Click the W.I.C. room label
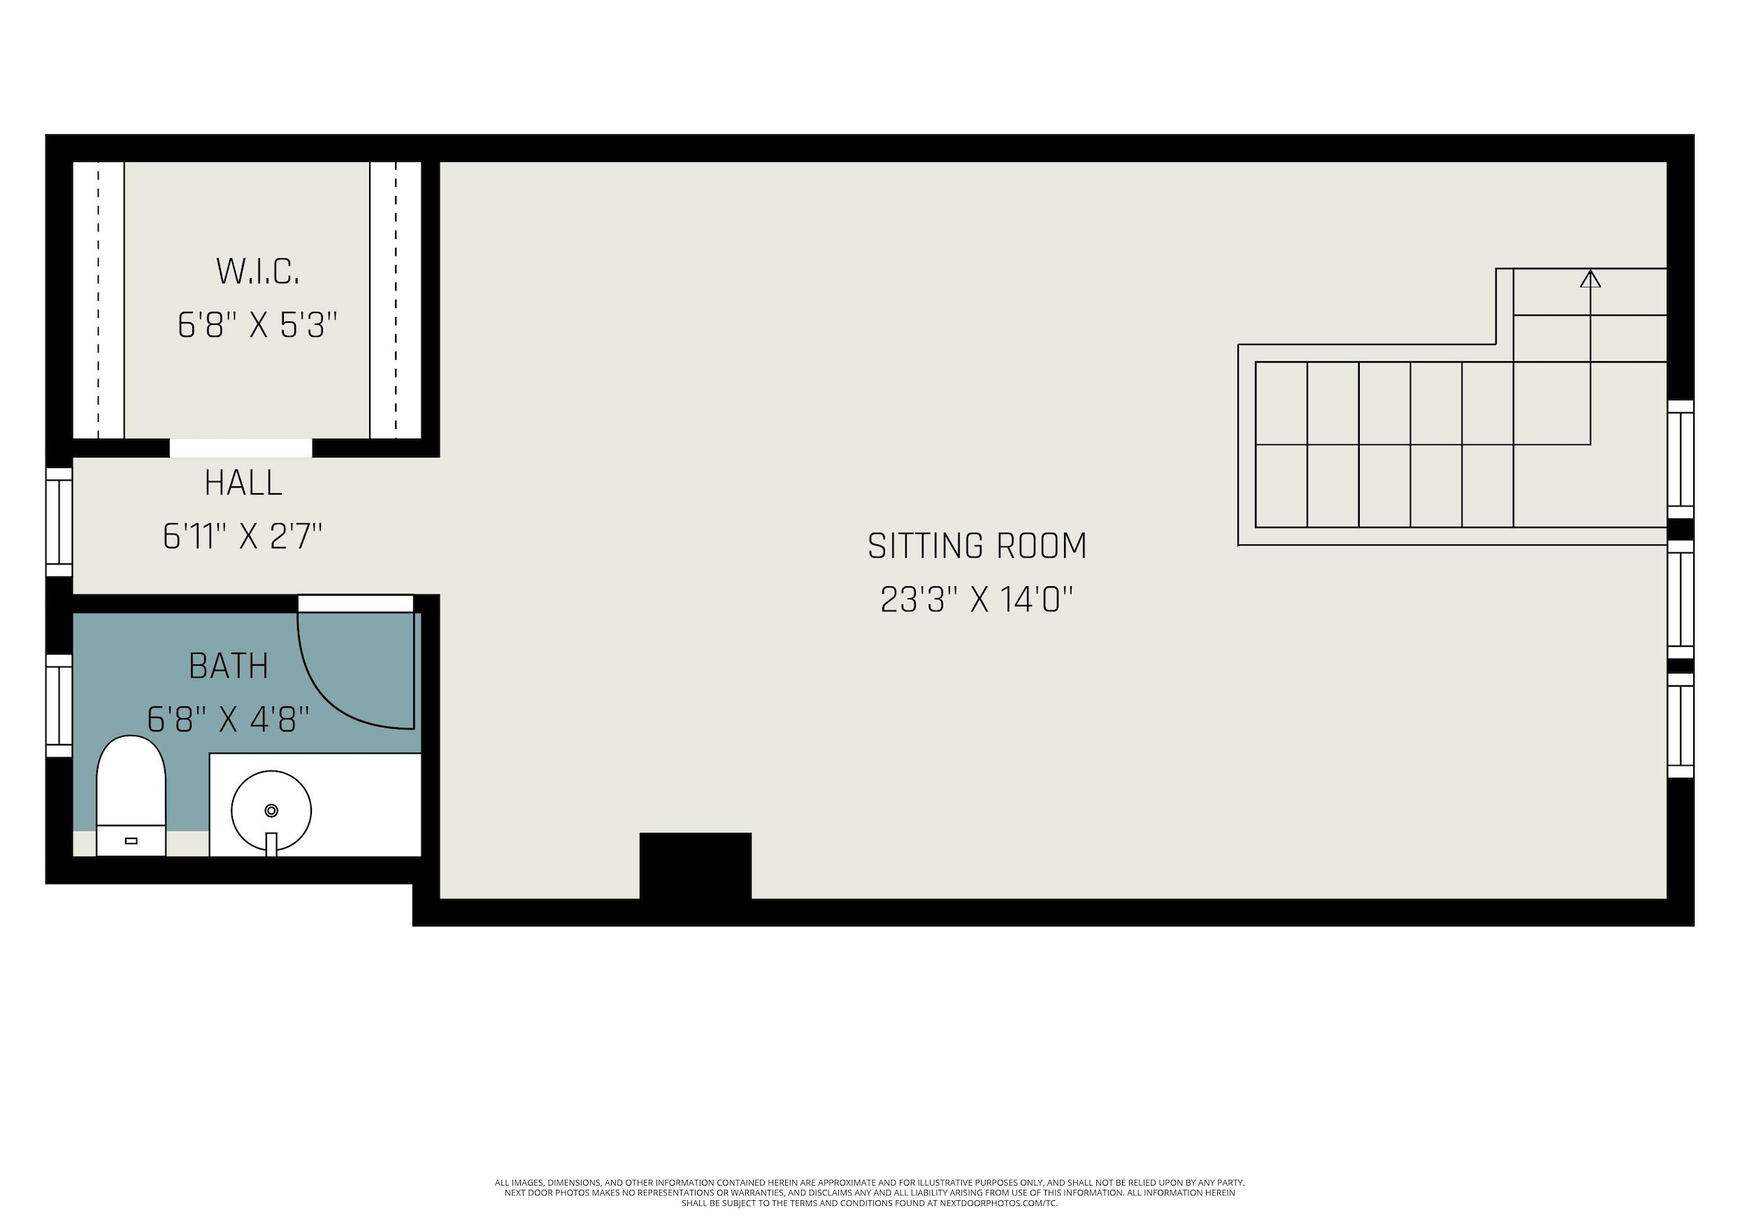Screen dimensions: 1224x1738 [257, 272]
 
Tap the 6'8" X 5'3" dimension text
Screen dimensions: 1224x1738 [257, 326]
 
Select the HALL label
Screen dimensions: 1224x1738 [243, 483]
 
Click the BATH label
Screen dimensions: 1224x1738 [229, 666]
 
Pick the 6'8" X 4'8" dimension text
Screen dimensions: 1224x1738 [228, 720]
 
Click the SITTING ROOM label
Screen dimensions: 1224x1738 [977, 546]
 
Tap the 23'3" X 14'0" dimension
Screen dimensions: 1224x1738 [977, 601]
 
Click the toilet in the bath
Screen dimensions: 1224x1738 [131, 794]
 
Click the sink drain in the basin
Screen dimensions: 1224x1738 [271, 810]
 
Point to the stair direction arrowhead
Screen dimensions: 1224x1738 [1590, 280]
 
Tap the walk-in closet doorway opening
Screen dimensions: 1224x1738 [240, 448]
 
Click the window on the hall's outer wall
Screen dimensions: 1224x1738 [59, 522]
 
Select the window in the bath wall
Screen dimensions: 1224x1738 [59, 705]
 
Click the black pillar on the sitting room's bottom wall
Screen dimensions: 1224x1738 [695, 866]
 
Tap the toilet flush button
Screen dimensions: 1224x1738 [131, 840]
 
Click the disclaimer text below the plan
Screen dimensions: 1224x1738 [869, 1193]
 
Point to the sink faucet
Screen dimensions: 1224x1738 [271, 843]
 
